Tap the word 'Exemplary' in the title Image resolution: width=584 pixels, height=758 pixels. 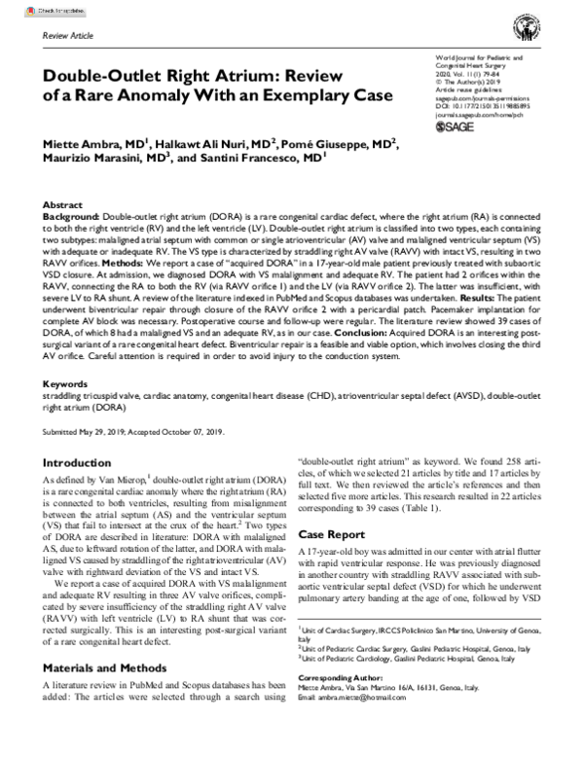(x=290, y=95)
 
